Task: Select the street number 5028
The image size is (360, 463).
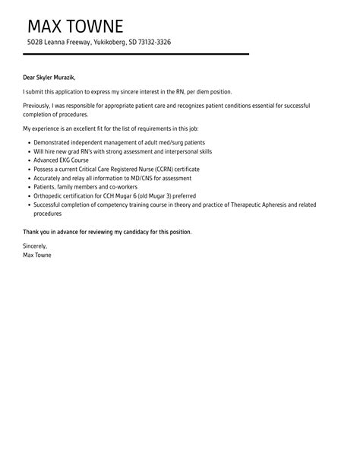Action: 34,43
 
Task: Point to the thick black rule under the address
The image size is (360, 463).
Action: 137,54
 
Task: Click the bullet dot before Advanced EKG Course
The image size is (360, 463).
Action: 28,160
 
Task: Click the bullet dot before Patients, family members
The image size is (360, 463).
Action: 28,187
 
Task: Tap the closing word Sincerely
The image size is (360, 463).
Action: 36,246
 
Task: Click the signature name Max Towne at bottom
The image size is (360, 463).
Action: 39,255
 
